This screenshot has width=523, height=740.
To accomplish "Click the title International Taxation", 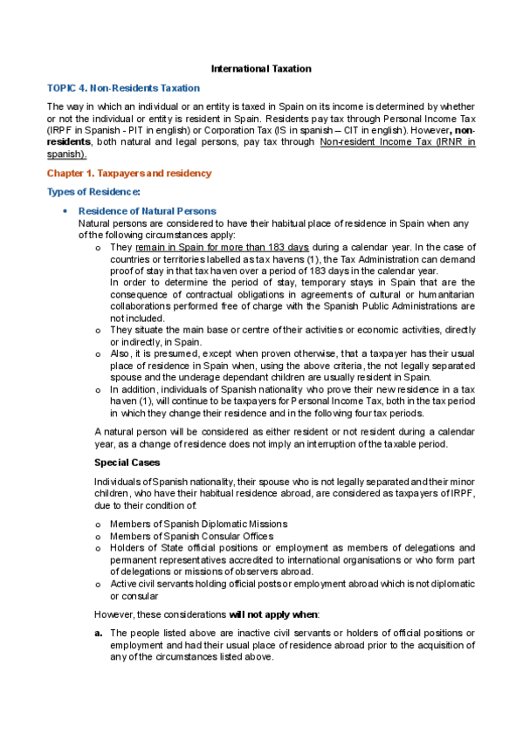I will (x=261, y=68).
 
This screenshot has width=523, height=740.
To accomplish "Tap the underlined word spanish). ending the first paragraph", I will (x=66, y=154).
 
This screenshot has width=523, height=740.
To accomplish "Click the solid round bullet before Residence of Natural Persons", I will (x=65, y=211).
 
